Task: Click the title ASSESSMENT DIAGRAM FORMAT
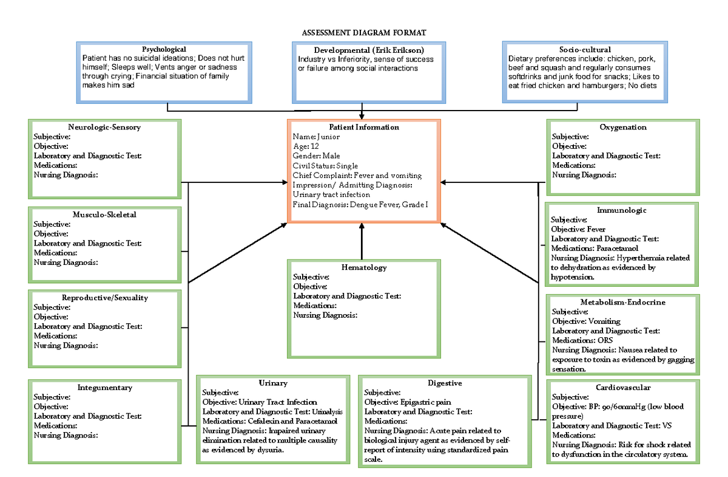(363, 32)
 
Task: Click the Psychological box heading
(164, 49)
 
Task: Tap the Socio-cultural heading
(585, 49)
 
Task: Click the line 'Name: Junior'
(316, 137)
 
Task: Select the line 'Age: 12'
(306, 146)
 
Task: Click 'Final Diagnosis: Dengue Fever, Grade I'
(360, 204)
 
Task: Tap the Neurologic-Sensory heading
(104, 127)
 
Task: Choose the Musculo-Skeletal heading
(104, 214)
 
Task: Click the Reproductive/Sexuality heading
(104, 298)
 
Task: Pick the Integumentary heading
(104, 387)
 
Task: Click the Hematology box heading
(364, 267)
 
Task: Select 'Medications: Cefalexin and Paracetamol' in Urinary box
(269, 420)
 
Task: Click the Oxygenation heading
(623, 127)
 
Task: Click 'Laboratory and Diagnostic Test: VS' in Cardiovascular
(612, 425)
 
